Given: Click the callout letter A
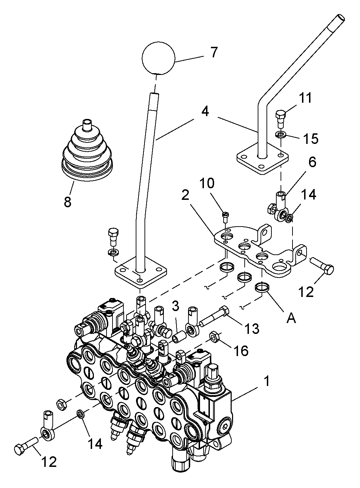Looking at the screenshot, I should point(291,318).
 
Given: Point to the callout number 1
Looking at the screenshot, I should point(267,381).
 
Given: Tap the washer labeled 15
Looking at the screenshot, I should point(281,134).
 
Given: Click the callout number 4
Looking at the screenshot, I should point(205,112).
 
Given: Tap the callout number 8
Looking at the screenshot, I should point(67,202).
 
